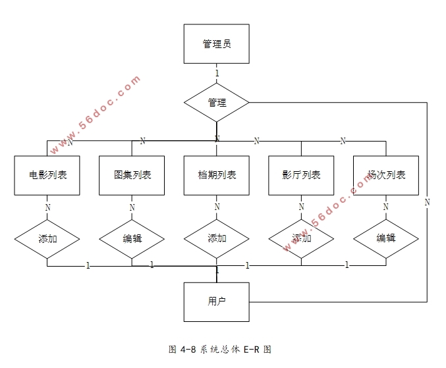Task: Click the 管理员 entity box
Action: [216, 44]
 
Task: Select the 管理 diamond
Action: [216, 103]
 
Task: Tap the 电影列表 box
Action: [47, 175]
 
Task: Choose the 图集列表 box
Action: [132, 175]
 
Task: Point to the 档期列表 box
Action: [217, 175]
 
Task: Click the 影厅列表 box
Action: [301, 175]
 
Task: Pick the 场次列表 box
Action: [386, 175]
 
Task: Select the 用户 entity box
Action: [216, 302]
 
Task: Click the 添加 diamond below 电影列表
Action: [47, 238]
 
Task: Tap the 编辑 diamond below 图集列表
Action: [132, 238]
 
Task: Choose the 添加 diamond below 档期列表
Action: [217, 238]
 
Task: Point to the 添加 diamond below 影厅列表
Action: [301, 238]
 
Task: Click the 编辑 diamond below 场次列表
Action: [386, 238]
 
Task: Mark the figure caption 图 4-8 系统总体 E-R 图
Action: [220, 350]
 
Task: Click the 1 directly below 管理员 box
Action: [217, 73]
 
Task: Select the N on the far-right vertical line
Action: [427, 202]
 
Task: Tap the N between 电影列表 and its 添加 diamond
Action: [47, 207]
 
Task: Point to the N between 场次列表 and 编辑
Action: [386, 207]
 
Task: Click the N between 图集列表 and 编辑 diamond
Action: [132, 207]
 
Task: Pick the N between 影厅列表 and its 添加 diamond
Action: [301, 207]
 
